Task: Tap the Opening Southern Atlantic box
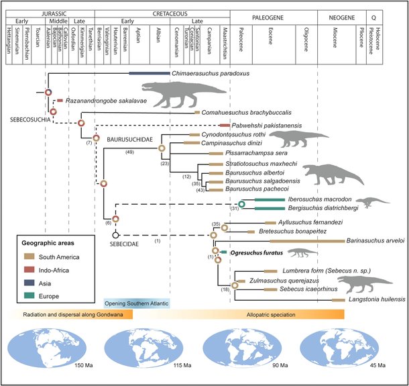137,302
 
